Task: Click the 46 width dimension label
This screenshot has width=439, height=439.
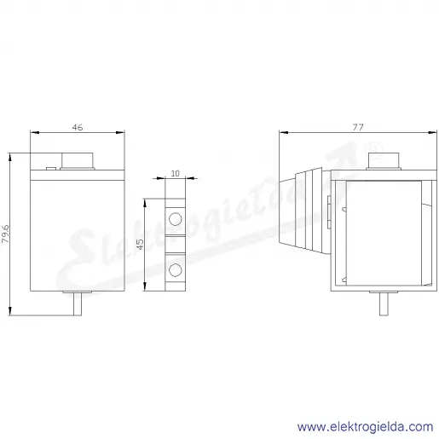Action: click(x=78, y=127)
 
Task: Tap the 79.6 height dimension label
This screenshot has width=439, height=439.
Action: click(x=5, y=234)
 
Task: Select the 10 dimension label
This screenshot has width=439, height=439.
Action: click(x=176, y=173)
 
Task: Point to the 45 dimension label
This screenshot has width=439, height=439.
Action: click(x=141, y=244)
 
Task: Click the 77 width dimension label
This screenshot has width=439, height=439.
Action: click(x=358, y=127)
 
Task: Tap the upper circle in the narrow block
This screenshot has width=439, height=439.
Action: click(x=175, y=219)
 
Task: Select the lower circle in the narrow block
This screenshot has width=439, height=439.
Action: click(x=175, y=270)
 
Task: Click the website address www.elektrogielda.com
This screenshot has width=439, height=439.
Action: click(x=366, y=427)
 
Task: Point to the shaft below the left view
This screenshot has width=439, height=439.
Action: click(x=78, y=303)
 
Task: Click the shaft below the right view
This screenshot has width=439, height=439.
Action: click(x=384, y=303)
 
